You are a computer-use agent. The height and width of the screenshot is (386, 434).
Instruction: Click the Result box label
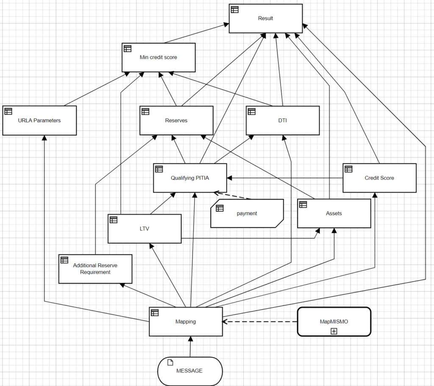265,18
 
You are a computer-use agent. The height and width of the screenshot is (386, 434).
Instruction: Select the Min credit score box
159,57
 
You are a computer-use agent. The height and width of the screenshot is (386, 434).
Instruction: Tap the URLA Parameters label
39,120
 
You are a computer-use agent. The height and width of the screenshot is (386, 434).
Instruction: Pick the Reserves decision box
176,120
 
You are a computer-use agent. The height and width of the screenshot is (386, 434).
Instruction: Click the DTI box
283,120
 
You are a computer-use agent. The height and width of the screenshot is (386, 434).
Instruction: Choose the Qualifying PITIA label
190,178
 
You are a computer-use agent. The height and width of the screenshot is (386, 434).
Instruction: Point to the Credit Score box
379,178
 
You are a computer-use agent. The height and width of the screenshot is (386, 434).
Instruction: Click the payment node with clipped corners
247,213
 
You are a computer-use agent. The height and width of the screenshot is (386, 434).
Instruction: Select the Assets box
334,213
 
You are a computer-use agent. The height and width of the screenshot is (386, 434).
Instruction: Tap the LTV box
145,229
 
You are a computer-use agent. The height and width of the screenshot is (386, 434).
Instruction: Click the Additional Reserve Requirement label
95,269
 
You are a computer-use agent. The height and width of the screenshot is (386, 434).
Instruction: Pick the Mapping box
186,322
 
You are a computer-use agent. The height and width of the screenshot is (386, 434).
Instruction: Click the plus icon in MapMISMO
334,331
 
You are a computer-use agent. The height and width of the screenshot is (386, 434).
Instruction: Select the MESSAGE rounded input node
190,371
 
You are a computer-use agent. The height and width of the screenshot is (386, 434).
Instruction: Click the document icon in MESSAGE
170,362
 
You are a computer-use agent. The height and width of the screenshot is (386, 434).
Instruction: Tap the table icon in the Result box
235,9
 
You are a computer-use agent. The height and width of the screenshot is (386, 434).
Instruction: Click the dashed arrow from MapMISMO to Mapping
260,322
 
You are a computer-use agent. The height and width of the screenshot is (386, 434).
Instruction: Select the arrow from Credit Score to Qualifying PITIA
285,178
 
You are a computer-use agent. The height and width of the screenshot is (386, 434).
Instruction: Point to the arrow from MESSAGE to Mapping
190,347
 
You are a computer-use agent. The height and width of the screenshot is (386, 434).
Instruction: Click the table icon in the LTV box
114,220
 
